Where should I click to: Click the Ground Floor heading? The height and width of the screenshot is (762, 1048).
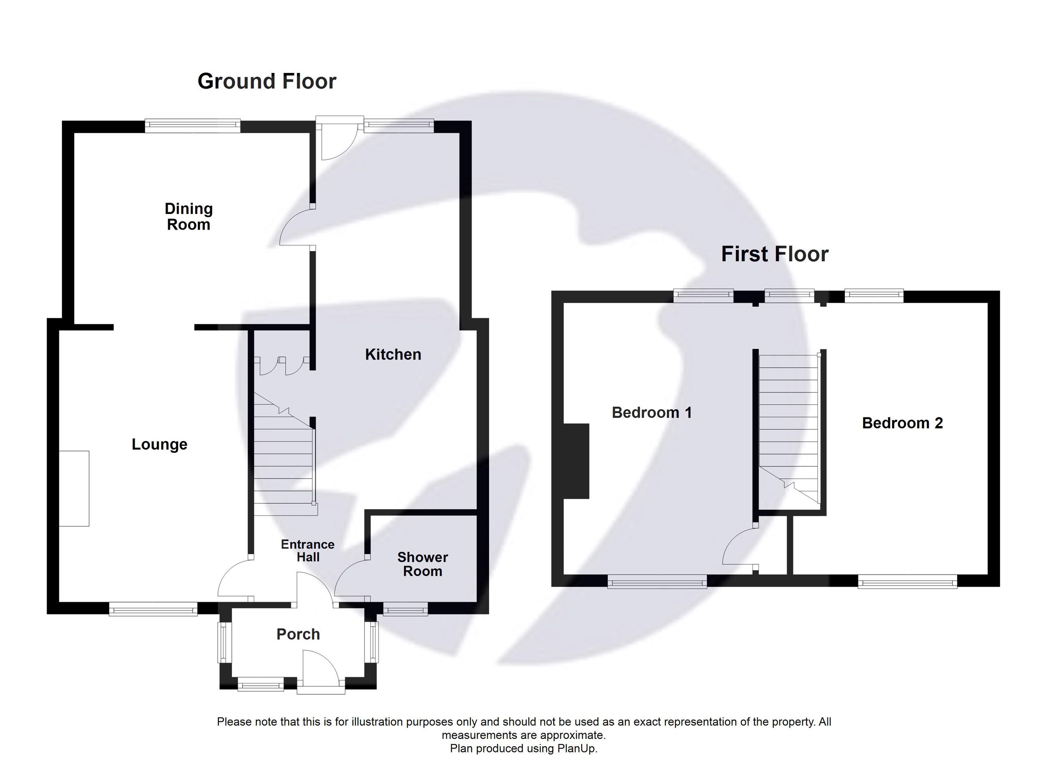(x=267, y=81)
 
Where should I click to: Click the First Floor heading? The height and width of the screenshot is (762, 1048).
(x=775, y=254)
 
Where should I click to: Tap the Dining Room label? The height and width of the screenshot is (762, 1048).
(x=189, y=216)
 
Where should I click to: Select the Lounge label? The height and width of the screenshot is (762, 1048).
(x=159, y=444)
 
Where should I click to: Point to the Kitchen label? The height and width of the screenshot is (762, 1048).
(x=393, y=355)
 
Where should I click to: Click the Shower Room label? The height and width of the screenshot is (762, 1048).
(x=422, y=564)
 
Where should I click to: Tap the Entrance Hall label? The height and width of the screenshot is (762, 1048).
(x=308, y=550)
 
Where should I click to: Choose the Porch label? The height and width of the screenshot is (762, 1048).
(x=298, y=634)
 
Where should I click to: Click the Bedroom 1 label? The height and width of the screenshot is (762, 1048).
(x=652, y=412)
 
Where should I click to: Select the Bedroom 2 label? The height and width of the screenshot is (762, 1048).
(x=902, y=423)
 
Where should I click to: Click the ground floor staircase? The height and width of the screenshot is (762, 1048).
(x=283, y=462)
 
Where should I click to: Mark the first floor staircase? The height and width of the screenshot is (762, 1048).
(x=789, y=430)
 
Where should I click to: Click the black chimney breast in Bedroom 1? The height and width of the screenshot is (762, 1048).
(x=576, y=461)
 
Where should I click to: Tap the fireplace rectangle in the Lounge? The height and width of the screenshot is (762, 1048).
(x=74, y=489)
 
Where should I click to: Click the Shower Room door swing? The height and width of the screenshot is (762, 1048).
(x=351, y=580)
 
